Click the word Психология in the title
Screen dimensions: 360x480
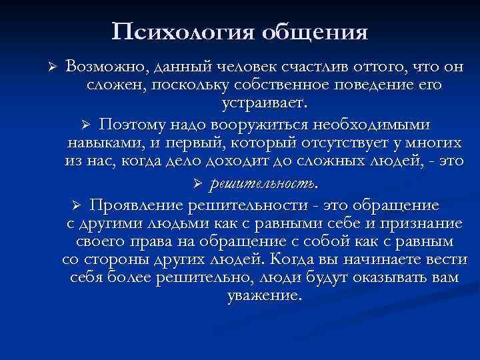click(179, 31)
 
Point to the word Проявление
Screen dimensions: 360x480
click(137, 203)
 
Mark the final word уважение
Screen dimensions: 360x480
click(265, 296)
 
